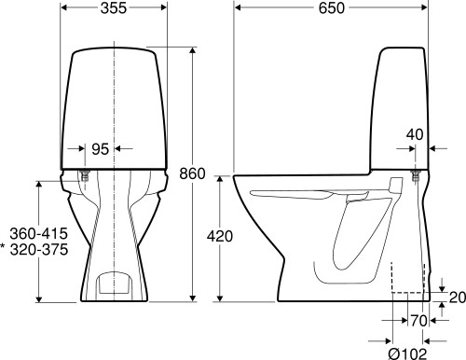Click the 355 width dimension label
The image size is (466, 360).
[x=114, y=8]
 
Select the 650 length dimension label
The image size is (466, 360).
[x=332, y=8]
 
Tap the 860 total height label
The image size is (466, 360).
[x=192, y=173]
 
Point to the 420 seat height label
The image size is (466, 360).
[x=220, y=237]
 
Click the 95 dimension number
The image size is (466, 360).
[x=101, y=149]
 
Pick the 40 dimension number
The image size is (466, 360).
[x=415, y=134]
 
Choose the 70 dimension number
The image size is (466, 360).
[x=418, y=321]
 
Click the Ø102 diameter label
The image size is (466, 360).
[x=407, y=353]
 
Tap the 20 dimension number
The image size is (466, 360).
[x=458, y=298]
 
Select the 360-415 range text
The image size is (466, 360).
[x=39, y=233]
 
